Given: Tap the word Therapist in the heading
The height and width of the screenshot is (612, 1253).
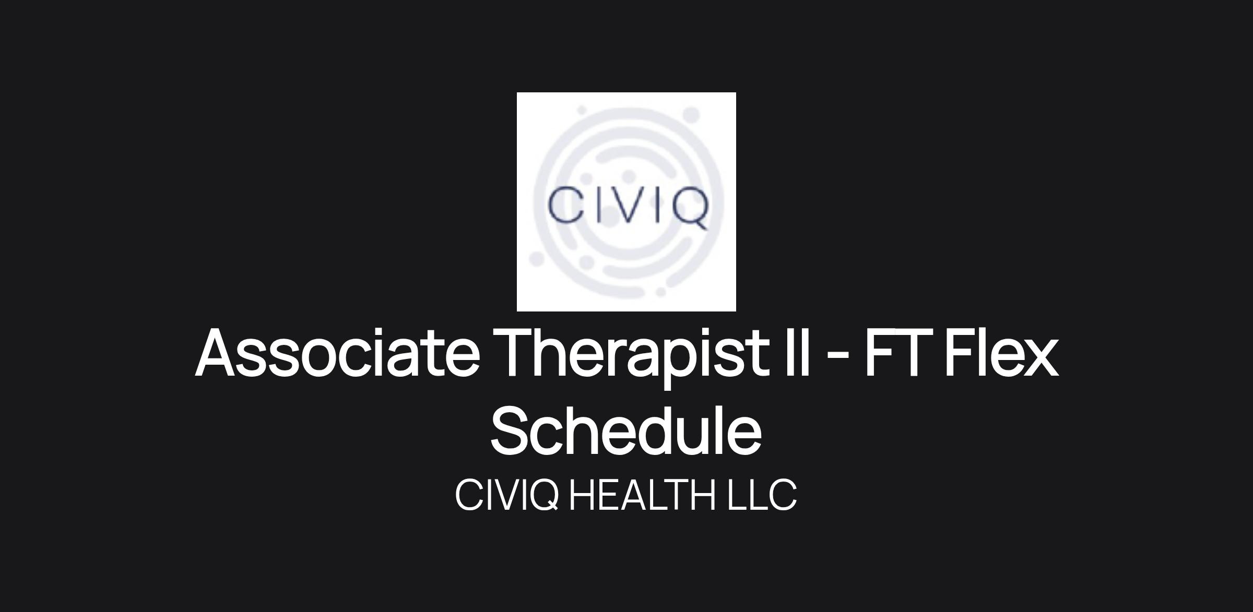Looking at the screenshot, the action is tap(634, 357).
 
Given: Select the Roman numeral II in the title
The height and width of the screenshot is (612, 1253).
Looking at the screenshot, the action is tap(798, 352).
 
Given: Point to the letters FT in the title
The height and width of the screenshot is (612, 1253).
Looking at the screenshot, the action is tap(897, 352).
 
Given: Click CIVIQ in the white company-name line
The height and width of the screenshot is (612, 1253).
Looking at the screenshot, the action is tap(507, 495).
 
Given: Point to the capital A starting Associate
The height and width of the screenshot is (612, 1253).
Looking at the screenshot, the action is tap(219, 353).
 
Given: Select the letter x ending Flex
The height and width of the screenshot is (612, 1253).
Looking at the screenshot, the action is tap(1038, 358).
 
